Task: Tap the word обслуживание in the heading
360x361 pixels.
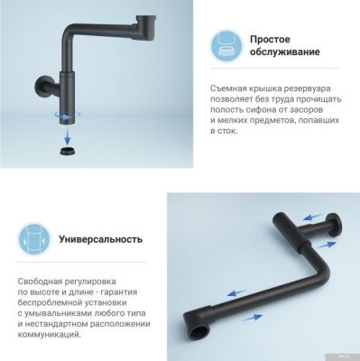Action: tap(289, 51)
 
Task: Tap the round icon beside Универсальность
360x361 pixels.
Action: tap(32, 241)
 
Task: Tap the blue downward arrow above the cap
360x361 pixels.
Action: tap(64, 129)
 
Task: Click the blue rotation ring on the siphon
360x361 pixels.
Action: tap(64, 115)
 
